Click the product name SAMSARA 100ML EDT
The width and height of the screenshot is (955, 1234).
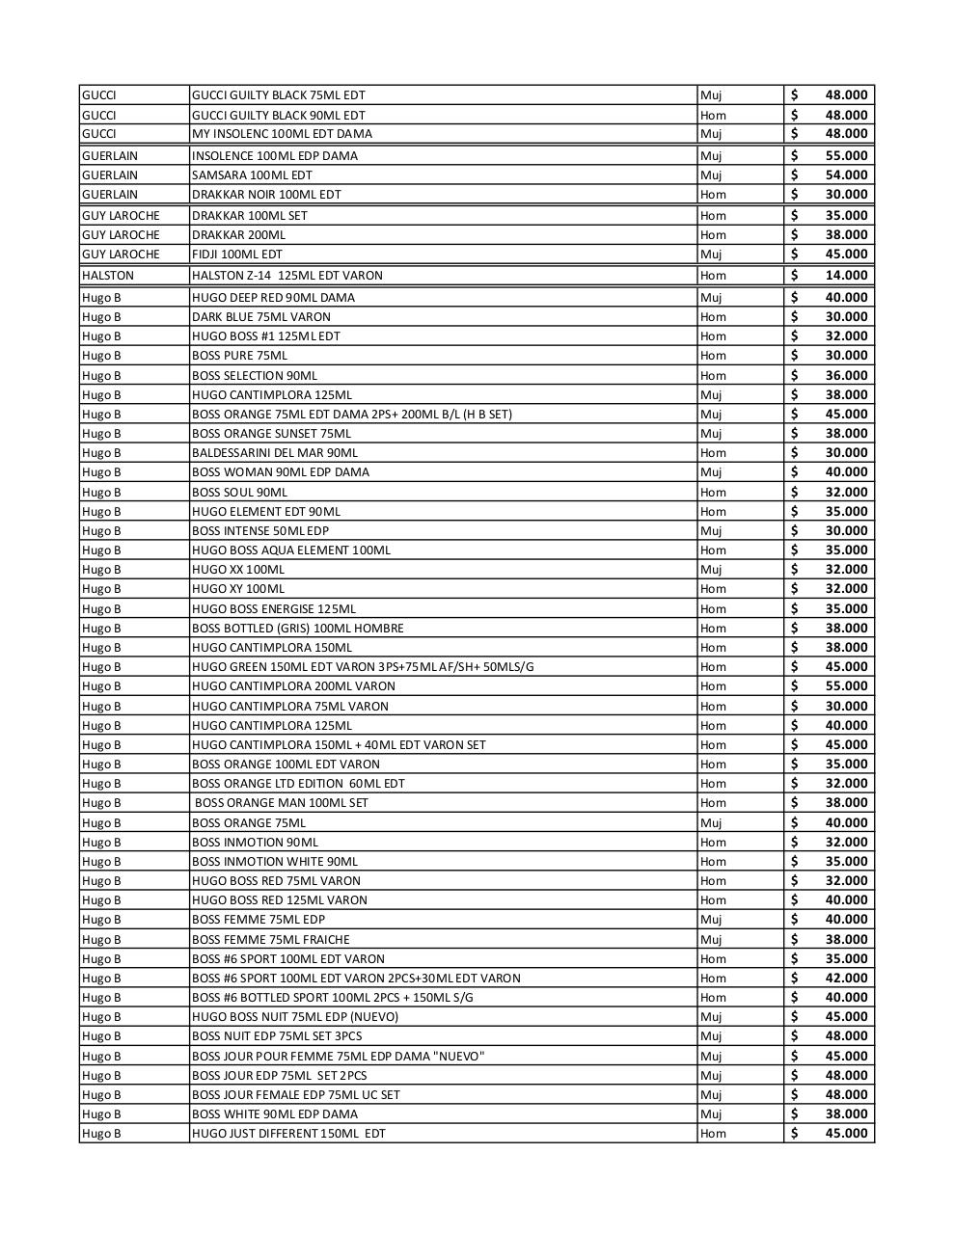pyautogui.click(x=252, y=174)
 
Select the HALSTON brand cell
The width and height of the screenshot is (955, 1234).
pyautogui.click(x=108, y=275)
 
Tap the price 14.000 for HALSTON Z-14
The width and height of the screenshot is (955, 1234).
pyautogui.click(x=845, y=275)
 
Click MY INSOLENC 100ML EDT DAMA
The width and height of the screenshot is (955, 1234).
pyautogui.click(x=282, y=134)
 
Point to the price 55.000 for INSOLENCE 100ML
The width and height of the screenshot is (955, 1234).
pyautogui.click(x=845, y=155)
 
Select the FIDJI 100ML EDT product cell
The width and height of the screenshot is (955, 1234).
pyautogui.click(x=237, y=254)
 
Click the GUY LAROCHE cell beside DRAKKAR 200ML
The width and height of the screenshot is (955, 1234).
pyautogui.click(x=121, y=234)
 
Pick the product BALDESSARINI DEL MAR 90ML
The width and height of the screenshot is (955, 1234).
pyautogui.click(x=274, y=452)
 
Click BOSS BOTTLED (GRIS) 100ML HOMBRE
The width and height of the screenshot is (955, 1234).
pyautogui.click(x=297, y=628)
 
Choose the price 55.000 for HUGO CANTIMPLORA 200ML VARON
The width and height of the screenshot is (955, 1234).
pyautogui.click(x=845, y=685)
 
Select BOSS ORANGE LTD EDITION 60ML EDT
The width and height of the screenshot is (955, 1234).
pyautogui.click(x=298, y=783)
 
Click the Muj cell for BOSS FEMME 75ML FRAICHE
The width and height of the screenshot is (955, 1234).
pyautogui.click(x=711, y=939)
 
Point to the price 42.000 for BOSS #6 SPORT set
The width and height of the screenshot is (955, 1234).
pyautogui.click(x=845, y=978)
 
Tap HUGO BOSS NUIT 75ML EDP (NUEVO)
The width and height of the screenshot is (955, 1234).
pyautogui.click(x=294, y=1016)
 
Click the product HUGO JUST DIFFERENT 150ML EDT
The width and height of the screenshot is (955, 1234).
pyautogui.click(x=288, y=1133)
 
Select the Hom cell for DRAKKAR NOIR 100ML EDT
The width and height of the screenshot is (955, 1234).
pyautogui.click(x=713, y=194)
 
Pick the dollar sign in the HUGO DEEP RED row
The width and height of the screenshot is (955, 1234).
pyautogui.click(x=794, y=297)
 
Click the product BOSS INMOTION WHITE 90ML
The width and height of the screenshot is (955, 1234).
pyautogui.click(x=274, y=861)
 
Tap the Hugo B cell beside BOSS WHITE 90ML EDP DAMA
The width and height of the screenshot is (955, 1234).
pyautogui.click(x=101, y=1113)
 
